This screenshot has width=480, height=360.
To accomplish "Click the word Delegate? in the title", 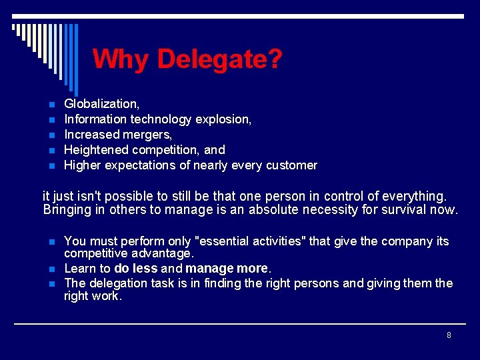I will pyautogui.click(x=220, y=59).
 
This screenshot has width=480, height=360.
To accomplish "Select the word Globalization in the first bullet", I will pyautogui.click(x=101, y=104).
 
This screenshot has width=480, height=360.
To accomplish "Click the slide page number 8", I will pyautogui.click(x=449, y=335).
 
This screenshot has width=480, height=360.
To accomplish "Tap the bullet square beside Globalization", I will pyautogui.click(x=49, y=105).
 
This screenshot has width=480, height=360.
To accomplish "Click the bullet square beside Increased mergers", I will pyautogui.click(x=49, y=135).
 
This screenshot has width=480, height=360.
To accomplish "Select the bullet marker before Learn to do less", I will pyautogui.click(x=49, y=269).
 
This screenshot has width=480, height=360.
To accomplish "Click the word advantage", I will pyautogui.click(x=165, y=254).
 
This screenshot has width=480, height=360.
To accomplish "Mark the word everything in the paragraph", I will pyautogui.click(x=417, y=197).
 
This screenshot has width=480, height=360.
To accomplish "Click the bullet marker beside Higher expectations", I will pyautogui.click(x=49, y=166).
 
